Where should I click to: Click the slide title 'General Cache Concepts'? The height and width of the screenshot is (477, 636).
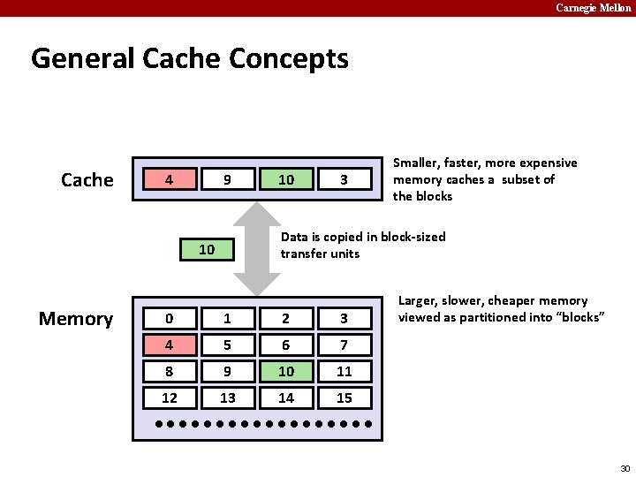click(x=189, y=59)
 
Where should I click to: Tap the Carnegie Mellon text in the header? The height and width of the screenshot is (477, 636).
click(x=593, y=7)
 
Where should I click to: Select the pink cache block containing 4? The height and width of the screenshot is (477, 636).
click(x=169, y=179)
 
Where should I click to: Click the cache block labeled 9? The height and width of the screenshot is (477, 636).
click(x=227, y=179)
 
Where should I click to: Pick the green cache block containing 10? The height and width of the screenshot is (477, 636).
click(x=286, y=179)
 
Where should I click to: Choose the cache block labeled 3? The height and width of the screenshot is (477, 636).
click(x=344, y=179)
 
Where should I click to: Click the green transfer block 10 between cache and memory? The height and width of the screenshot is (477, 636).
click(x=207, y=249)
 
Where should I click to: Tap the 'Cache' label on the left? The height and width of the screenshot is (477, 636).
click(x=87, y=180)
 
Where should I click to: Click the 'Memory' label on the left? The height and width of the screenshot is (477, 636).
click(x=76, y=319)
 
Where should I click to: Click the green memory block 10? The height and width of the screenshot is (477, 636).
click(x=286, y=372)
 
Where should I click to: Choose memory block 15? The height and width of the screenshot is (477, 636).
click(x=344, y=398)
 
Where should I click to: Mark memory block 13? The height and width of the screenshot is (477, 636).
click(x=227, y=398)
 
